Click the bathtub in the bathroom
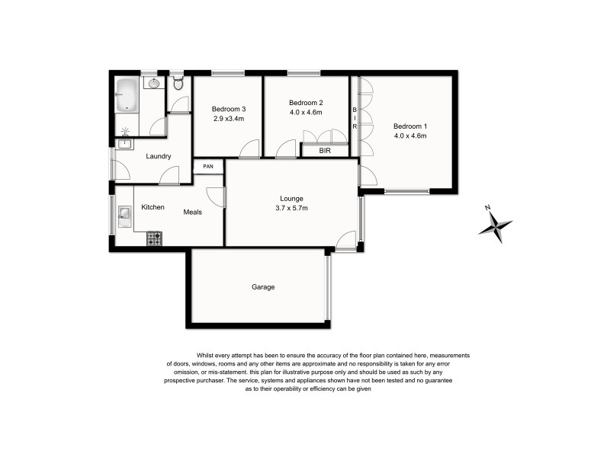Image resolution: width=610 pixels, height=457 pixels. pos(127,96)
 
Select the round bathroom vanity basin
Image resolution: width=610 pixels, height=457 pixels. pos(153,84)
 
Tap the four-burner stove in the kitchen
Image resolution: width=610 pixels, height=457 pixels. pos(155,238)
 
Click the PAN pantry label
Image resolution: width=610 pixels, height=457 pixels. pos(207,166)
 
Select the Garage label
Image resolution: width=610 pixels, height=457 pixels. pos(263,287)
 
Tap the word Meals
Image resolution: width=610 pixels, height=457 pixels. pos(193,212)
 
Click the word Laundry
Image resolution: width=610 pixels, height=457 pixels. pos(158,157)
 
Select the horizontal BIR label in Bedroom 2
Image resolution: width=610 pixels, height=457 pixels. pos(325,151)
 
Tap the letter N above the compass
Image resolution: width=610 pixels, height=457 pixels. pos(487,206)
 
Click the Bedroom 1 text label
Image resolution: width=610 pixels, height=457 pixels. pos(410,126)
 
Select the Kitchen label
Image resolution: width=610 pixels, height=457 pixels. pos(153,207)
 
